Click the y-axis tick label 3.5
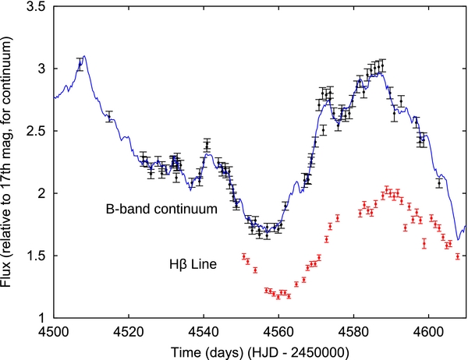36,6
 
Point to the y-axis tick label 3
41,69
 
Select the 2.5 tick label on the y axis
36,131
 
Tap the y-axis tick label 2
41,193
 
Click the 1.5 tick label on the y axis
36,256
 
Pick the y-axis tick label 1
42,318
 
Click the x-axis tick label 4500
54,331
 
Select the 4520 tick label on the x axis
129,331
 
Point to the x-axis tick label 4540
204,331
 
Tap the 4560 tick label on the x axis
278,331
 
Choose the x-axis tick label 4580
353,331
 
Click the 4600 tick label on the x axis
428,331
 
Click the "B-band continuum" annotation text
161,209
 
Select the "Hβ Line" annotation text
193,264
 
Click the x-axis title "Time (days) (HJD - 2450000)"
260,352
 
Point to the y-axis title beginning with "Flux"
6,162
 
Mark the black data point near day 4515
109,116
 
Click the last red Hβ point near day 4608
458,256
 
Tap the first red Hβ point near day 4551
244,256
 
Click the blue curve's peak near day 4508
85,56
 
